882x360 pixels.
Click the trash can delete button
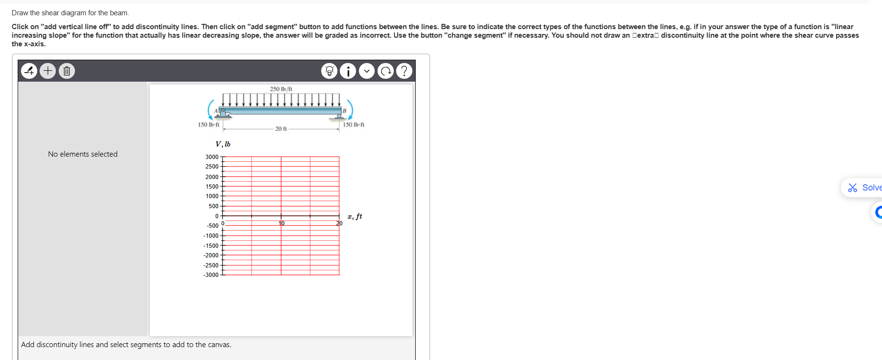[x=67, y=71]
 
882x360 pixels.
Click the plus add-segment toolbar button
[x=48, y=71]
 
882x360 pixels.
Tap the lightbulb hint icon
[x=329, y=71]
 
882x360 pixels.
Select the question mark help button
[x=404, y=71]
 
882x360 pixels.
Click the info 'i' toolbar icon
[x=348, y=71]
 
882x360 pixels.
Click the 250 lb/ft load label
[x=281, y=89]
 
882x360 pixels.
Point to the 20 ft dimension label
[x=281, y=129]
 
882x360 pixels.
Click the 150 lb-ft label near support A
[x=209, y=125]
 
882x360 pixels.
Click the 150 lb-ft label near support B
[x=354, y=125]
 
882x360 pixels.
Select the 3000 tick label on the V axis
[x=212, y=157]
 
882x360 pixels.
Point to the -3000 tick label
[x=211, y=275]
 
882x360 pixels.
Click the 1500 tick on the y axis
[x=212, y=187]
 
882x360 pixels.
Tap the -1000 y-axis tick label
[x=211, y=236]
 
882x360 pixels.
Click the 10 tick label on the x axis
[x=282, y=223]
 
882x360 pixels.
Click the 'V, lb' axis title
[x=223, y=144]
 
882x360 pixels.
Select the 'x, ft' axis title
[x=355, y=216]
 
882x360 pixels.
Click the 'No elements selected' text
[x=83, y=154]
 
